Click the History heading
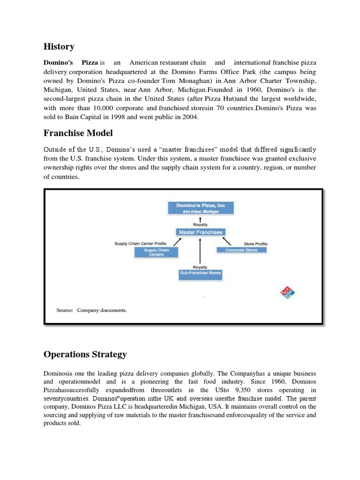pos(59,46)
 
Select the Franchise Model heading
pos(78,133)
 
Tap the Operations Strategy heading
pos(85,354)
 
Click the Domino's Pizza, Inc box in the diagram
pos(200,208)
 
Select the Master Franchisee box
pos(201,232)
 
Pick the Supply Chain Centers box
pos(157,253)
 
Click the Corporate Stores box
pos(241,250)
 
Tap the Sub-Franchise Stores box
pos(200,273)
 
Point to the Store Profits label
pos(255,244)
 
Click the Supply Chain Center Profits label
pos(140,244)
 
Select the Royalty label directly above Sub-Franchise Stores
pos(200,267)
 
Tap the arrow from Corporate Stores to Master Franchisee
pos(226,241)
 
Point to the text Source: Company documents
pos(91,310)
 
